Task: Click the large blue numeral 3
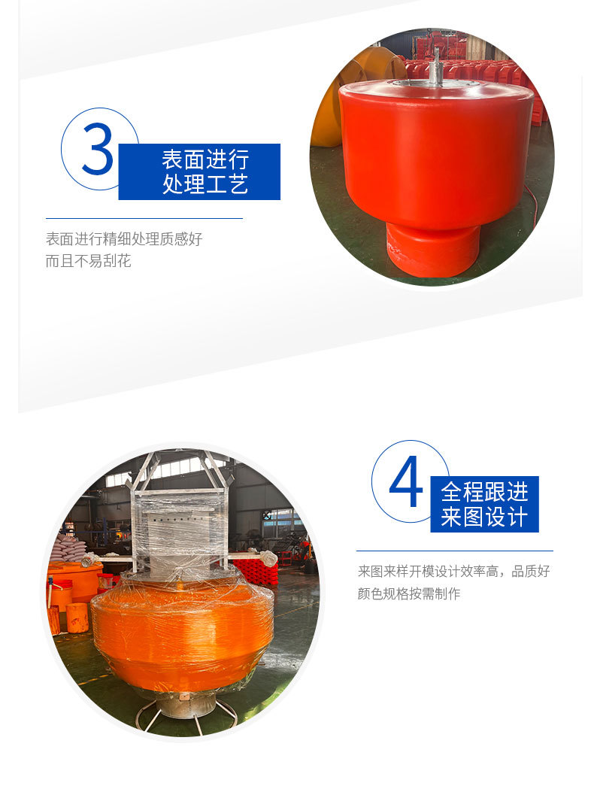coord(98,149)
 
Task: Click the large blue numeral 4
coord(406,483)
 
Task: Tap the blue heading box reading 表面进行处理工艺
coord(199,171)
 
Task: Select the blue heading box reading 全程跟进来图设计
coord(484,504)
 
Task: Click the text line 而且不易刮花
coord(88,262)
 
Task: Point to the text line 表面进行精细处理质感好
coord(124,239)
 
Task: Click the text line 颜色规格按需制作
coord(409,593)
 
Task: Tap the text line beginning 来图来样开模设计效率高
coord(453,572)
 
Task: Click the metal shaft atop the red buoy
coord(435,63)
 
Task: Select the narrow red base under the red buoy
coord(432,248)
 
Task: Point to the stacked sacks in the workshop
coord(72,548)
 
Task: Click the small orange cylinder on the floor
coord(77,618)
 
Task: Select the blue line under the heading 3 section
coord(144,218)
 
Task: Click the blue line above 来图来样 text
coord(454,551)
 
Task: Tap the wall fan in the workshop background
coord(266,514)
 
